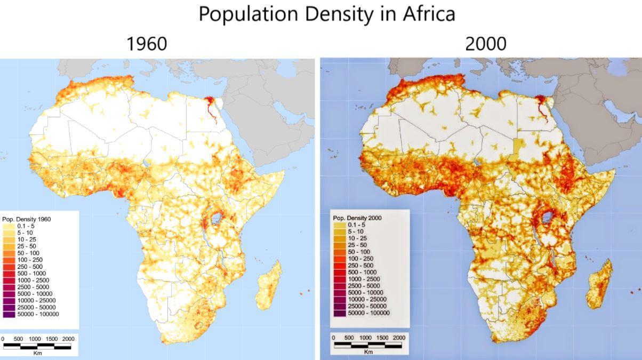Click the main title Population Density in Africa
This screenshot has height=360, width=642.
[327, 14]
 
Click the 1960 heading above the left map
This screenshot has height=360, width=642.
[147, 44]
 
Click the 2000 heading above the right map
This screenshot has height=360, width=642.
[485, 44]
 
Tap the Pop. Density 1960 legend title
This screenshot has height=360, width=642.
[27, 219]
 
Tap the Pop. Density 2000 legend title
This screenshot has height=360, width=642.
[357, 218]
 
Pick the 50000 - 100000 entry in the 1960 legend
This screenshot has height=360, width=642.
[37, 314]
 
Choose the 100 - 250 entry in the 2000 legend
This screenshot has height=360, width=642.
[360, 259]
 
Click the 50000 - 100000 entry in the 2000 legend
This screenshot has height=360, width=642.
[368, 313]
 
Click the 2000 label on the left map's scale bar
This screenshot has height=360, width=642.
[68, 339]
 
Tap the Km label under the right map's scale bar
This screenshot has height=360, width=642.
[368, 351]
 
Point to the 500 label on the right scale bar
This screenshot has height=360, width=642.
[349, 338]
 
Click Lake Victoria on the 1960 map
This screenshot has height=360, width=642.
[216, 218]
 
